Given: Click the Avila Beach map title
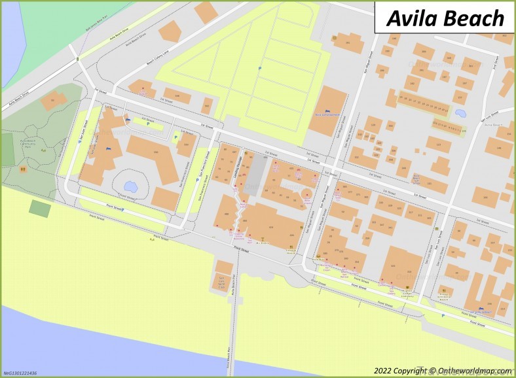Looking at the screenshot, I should click(445, 18).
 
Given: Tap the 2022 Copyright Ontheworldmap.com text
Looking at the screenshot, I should click(443, 370).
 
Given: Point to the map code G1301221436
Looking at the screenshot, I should click(20, 373).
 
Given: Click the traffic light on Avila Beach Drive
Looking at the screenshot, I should click(78, 60).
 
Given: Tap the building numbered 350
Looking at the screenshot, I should click(156, 152).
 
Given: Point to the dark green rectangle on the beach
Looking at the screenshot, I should click(40, 209).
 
